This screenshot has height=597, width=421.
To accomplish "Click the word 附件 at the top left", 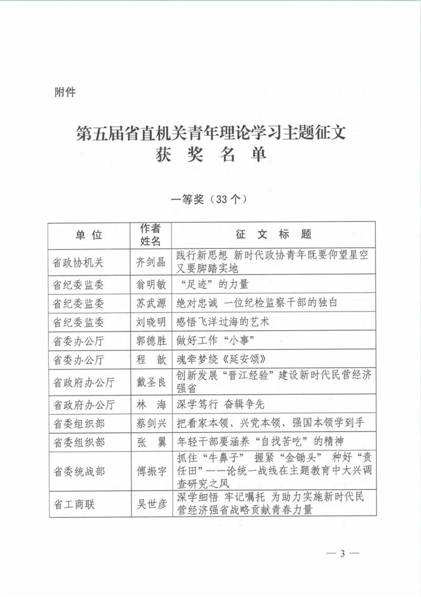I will [x=65, y=93].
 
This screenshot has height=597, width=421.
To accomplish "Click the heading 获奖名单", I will [x=210, y=155].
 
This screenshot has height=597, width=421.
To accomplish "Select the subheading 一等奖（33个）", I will [x=210, y=200].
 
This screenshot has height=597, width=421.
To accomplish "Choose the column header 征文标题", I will [x=274, y=235].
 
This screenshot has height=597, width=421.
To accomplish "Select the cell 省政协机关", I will [x=78, y=262].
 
